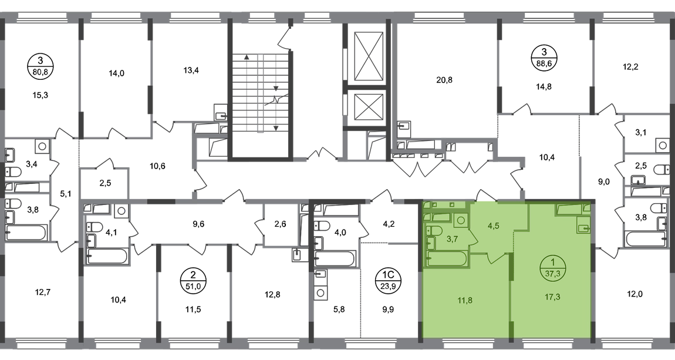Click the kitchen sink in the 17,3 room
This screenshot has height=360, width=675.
[583, 227]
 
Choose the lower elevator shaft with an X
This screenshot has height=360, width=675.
[367, 109]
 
